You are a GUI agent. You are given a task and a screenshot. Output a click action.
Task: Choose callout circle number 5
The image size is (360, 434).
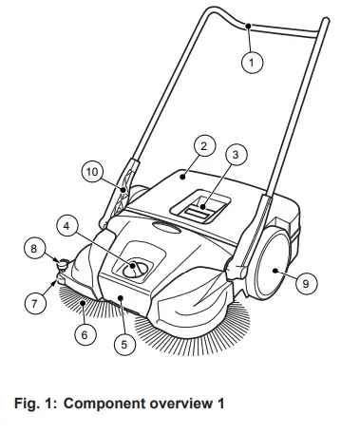(x=122, y=346)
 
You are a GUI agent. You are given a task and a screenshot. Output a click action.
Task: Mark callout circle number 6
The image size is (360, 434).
(x=85, y=334)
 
